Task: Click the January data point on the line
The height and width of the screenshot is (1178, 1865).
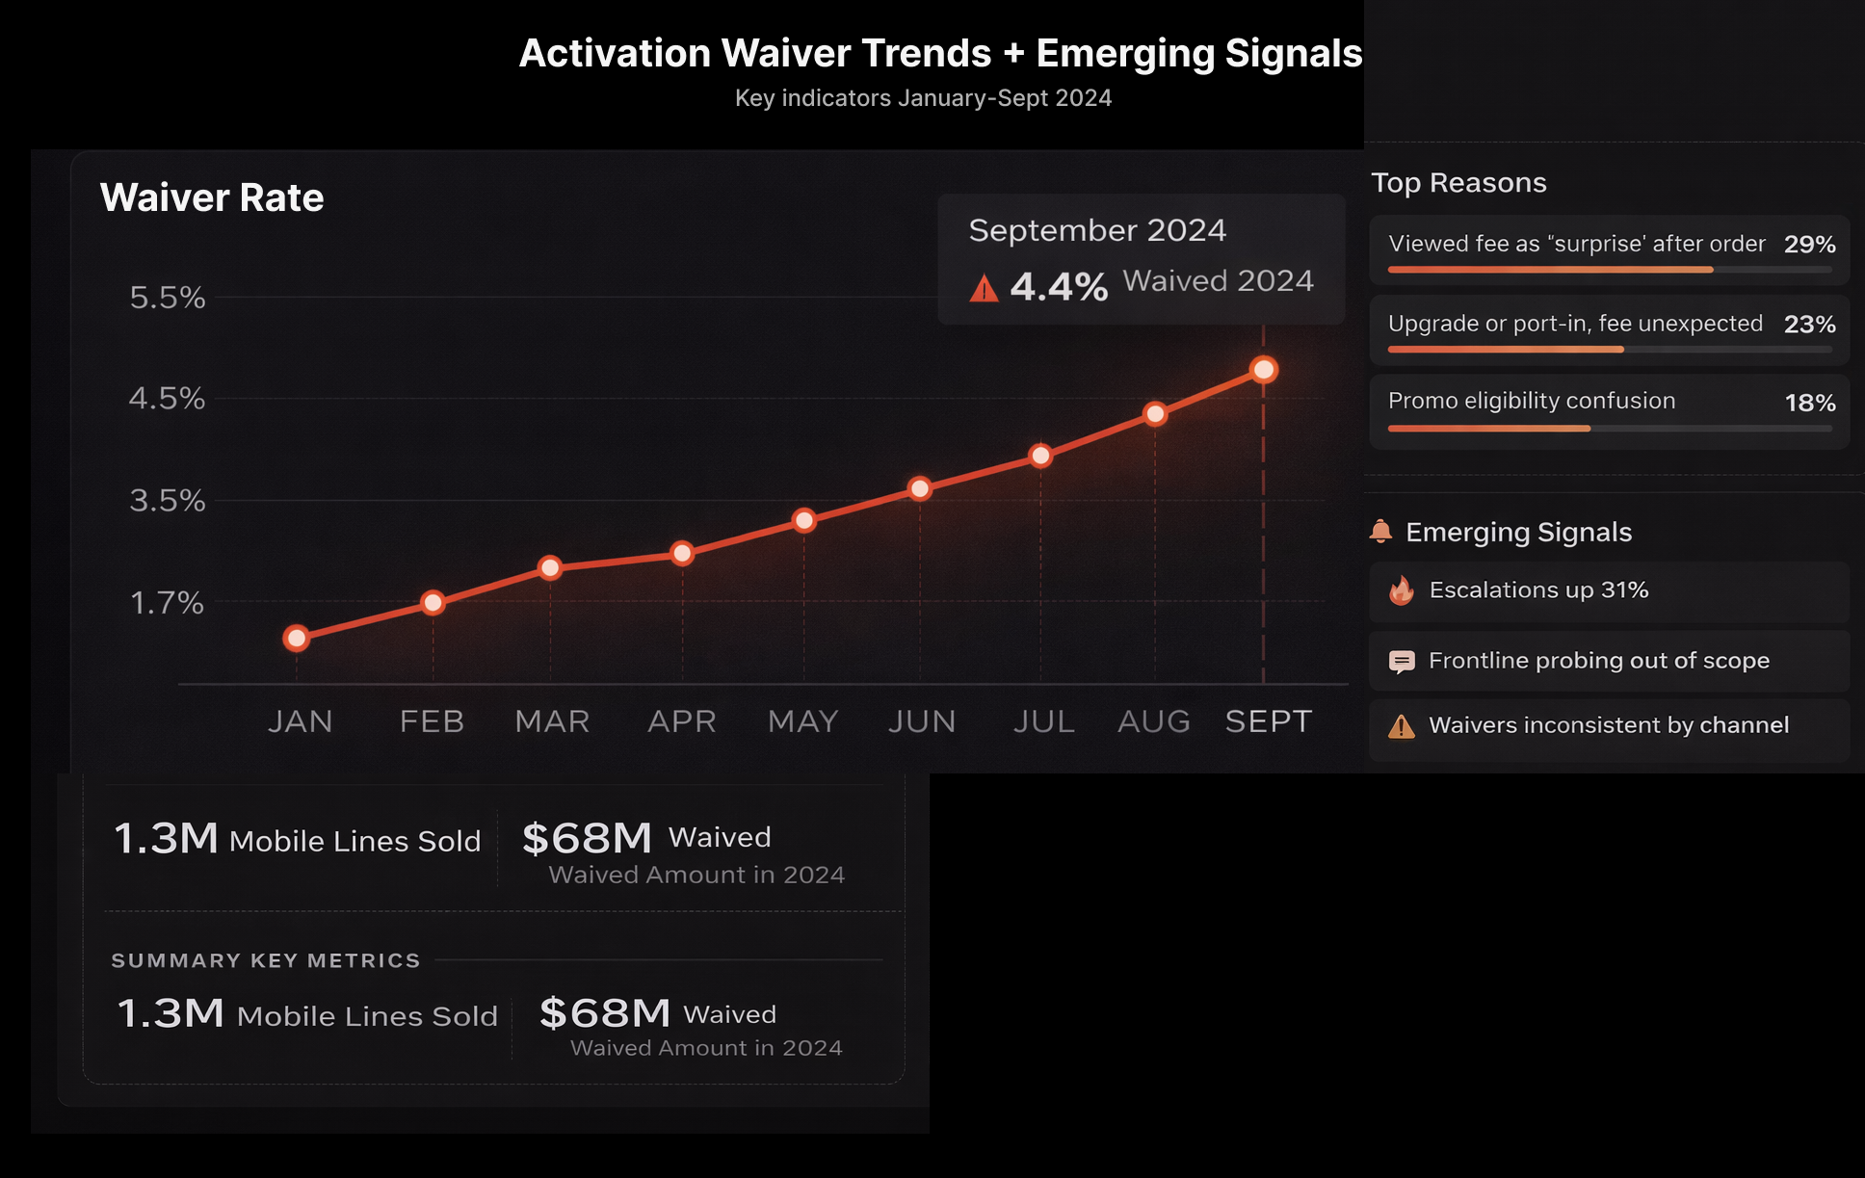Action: pos(297,638)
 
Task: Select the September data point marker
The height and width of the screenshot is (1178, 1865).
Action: pos(1263,370)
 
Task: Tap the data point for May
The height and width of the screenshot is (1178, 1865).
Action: pos(803,521)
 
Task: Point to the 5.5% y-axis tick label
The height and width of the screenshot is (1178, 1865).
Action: pos(168,298)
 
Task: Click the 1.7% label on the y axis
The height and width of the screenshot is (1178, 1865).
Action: pos(168,604)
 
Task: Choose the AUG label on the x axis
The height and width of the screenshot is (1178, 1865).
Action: pos(1154,721)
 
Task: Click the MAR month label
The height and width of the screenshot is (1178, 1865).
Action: pos(552,721)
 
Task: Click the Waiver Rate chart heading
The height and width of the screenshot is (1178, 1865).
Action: pos(212,197)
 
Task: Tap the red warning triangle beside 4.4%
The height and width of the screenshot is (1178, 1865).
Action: pos(984,288)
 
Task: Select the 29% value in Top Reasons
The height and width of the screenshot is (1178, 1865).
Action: pos(1809,245)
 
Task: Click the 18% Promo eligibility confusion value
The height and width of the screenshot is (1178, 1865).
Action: pos(1810,403)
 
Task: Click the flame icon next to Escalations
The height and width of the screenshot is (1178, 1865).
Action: pos(1402,590)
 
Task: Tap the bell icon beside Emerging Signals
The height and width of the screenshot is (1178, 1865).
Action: pos(1381,531)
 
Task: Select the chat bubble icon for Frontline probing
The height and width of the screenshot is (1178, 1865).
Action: pos(1402,662)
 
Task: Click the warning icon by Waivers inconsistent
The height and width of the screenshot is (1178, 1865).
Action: pos(1402,726)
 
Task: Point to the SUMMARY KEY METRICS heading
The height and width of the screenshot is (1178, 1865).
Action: pos(266,960)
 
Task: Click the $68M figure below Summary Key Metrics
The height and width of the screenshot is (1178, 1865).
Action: pos(605,1013)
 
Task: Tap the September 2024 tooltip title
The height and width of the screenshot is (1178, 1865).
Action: pos(1097,230)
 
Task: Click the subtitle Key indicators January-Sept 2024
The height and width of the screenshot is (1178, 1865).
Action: pos(923,98)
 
